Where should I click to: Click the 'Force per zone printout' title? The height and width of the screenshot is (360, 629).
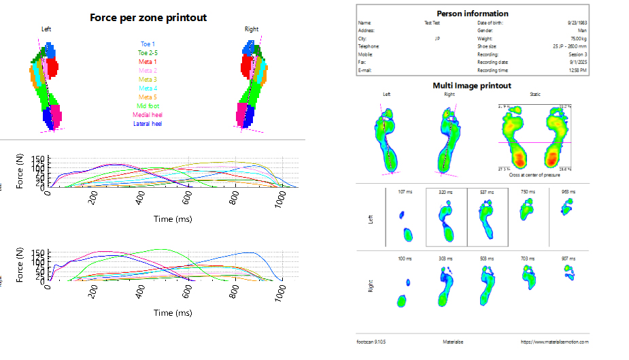pyautogui.click(x=148, y=17)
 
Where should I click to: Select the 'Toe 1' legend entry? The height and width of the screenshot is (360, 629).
pyautogui.click(x=148, y=44)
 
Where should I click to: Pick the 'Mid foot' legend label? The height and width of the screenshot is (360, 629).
pyautogui.click(x=148, y=106)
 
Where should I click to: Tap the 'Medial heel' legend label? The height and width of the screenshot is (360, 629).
pyautogui.click(x=148, y=115)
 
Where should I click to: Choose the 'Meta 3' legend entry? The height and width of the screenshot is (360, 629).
pyautogui.click(x=148, y=80)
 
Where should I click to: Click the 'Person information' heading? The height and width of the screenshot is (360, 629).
pyautogui.click(x=472, y=14)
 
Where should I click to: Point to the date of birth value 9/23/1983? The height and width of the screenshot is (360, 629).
pyautogui.click(x=577, y=22)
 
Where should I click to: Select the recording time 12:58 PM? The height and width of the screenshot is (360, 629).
pyautogui.click(x=579, y=70)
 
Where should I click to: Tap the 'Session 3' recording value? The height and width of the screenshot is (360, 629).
pyautogui.click(x=578, y=54)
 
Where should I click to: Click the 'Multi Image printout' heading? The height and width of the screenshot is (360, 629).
pyautogui.click(x=472, y=86)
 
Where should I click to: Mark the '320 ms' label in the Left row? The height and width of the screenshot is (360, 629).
pyautogui.click(x=447, y=192)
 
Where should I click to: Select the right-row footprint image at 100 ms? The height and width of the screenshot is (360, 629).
pyautogui.click(x=405, y=293)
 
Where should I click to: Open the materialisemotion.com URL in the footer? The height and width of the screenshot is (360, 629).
pyautogui.click(x=554, y=342)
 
